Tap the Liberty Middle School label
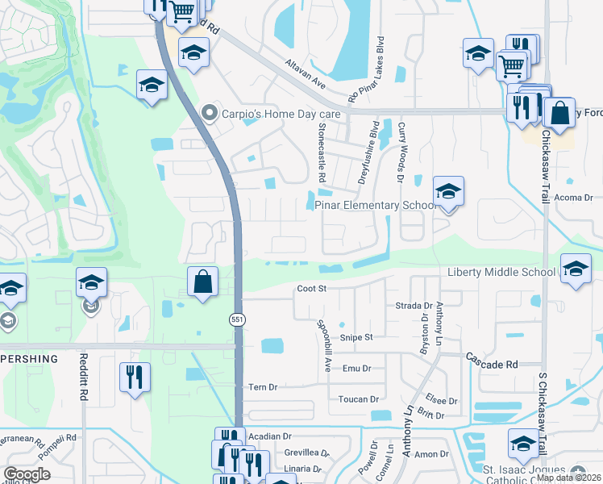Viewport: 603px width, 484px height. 501,273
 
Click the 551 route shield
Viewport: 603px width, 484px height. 240,320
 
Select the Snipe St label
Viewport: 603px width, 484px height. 356,337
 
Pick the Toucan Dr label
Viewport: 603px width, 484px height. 359,398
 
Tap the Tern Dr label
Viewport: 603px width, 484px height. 263,387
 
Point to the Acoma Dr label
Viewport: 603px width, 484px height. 573,197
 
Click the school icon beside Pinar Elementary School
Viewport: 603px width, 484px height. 448,192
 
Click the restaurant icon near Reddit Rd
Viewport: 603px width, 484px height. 134,376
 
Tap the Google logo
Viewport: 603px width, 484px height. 27,474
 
